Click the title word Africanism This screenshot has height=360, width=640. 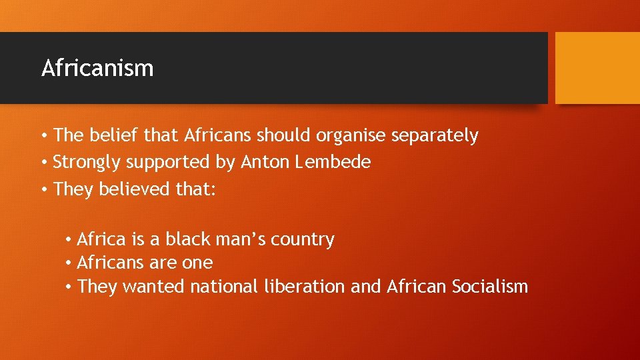(97, 68)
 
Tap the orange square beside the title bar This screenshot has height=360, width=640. (597, 68)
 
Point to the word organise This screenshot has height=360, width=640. (351, 136)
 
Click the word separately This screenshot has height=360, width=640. (435, 136)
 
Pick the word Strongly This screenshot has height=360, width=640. (89, 163)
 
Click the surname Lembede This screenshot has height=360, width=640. (333, 162)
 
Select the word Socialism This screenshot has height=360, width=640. (489, 287)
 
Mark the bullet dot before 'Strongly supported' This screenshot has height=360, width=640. (43, 163)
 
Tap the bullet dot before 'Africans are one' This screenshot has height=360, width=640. (69, 263)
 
